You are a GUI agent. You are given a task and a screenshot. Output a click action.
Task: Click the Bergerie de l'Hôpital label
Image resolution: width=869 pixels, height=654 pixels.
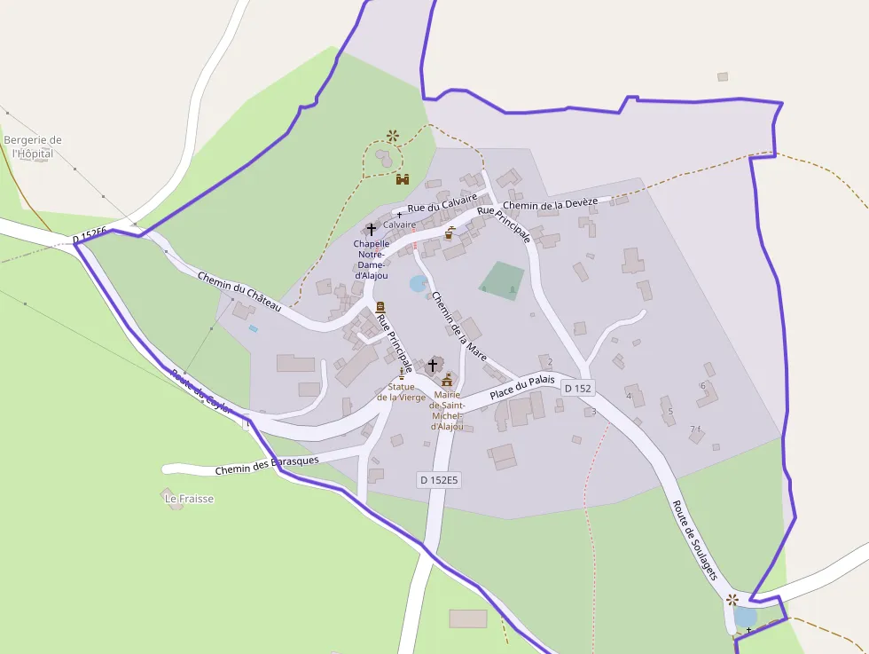33,146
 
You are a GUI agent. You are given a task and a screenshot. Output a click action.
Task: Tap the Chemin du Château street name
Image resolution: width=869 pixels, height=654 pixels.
239,290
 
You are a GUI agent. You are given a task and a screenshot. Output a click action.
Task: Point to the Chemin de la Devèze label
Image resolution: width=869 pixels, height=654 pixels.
550,204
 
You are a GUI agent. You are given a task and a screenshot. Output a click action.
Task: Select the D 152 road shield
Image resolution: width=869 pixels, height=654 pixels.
576,388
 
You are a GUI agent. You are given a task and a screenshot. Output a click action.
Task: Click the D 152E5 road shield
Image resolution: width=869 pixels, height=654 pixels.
439,480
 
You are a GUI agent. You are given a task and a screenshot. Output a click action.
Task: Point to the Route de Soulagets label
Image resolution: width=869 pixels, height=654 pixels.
694,540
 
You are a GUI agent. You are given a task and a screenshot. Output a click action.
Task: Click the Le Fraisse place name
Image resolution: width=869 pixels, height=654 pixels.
190,499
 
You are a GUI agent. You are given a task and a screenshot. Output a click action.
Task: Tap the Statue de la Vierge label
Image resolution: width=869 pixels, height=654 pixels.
401,391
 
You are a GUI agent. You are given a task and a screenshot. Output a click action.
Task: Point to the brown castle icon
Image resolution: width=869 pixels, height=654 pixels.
403,179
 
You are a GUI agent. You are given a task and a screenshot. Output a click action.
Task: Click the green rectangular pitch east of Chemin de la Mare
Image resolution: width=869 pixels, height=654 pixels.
502,280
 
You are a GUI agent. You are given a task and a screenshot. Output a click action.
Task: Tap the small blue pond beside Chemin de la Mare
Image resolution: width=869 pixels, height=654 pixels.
418,283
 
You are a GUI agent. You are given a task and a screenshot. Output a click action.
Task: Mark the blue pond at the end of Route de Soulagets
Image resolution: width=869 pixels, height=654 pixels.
745,616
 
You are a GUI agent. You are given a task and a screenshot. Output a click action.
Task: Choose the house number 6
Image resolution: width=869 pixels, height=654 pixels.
702,385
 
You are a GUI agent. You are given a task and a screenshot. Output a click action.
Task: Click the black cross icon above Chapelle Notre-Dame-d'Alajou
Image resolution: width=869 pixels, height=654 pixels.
371,229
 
